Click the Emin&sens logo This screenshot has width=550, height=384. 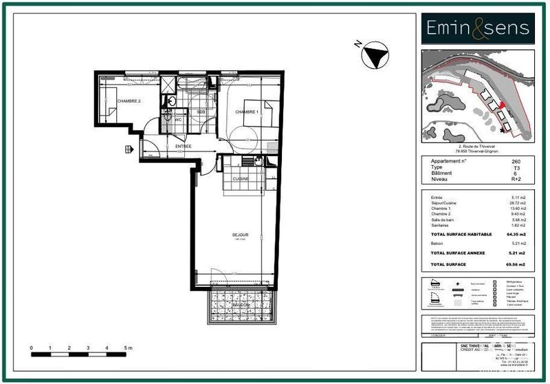478,28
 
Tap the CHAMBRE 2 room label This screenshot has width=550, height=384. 129,101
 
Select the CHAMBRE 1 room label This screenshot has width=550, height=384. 247,112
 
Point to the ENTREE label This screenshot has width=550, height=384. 183,147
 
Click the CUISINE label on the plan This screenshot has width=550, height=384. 239,179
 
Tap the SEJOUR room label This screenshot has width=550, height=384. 240,235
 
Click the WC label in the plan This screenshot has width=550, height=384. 177,120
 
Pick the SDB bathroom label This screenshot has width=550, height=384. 201,112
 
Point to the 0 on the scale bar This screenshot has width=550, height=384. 32,349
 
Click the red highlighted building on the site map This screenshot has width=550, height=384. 503,105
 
